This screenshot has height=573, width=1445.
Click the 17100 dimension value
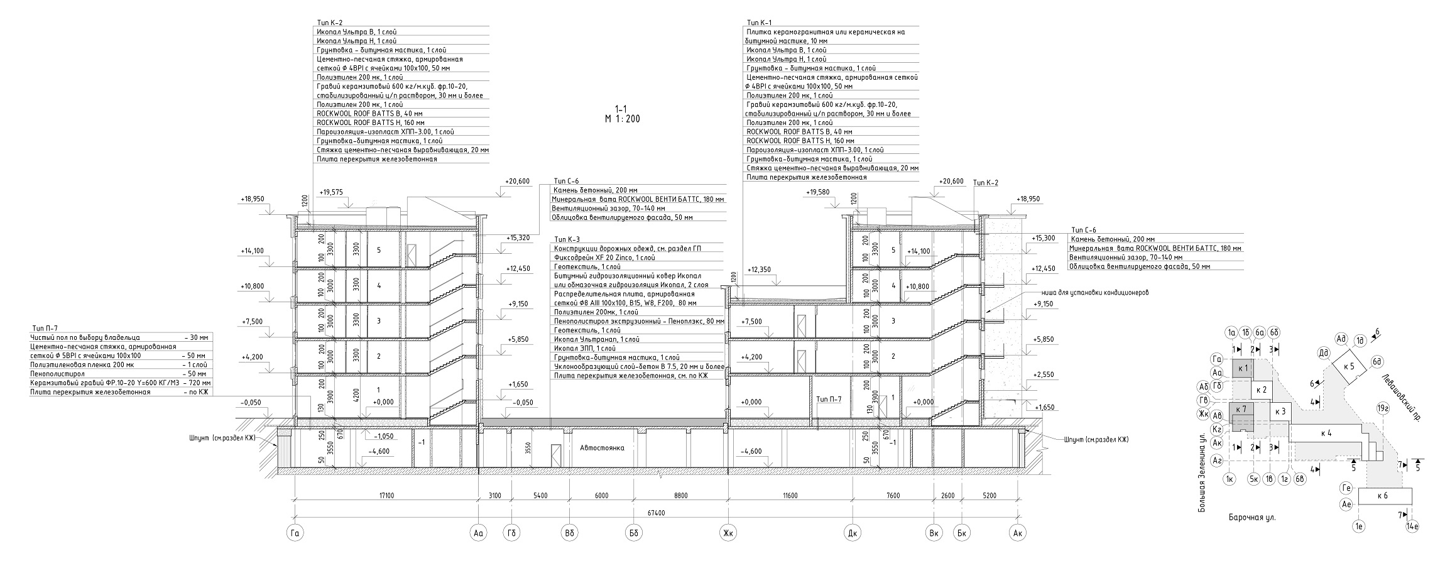(386, 496)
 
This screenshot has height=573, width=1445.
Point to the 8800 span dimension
(680, 496)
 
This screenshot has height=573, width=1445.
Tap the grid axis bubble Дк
(852, 534)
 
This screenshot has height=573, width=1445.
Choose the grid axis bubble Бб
(633, 534)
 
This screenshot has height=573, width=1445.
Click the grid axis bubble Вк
(934, 534)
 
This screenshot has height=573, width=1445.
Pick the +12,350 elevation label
(759, 270)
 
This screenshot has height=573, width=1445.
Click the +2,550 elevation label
(1044, 374)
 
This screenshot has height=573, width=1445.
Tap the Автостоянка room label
(601, 449)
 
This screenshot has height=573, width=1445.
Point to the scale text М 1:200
(622, 119)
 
